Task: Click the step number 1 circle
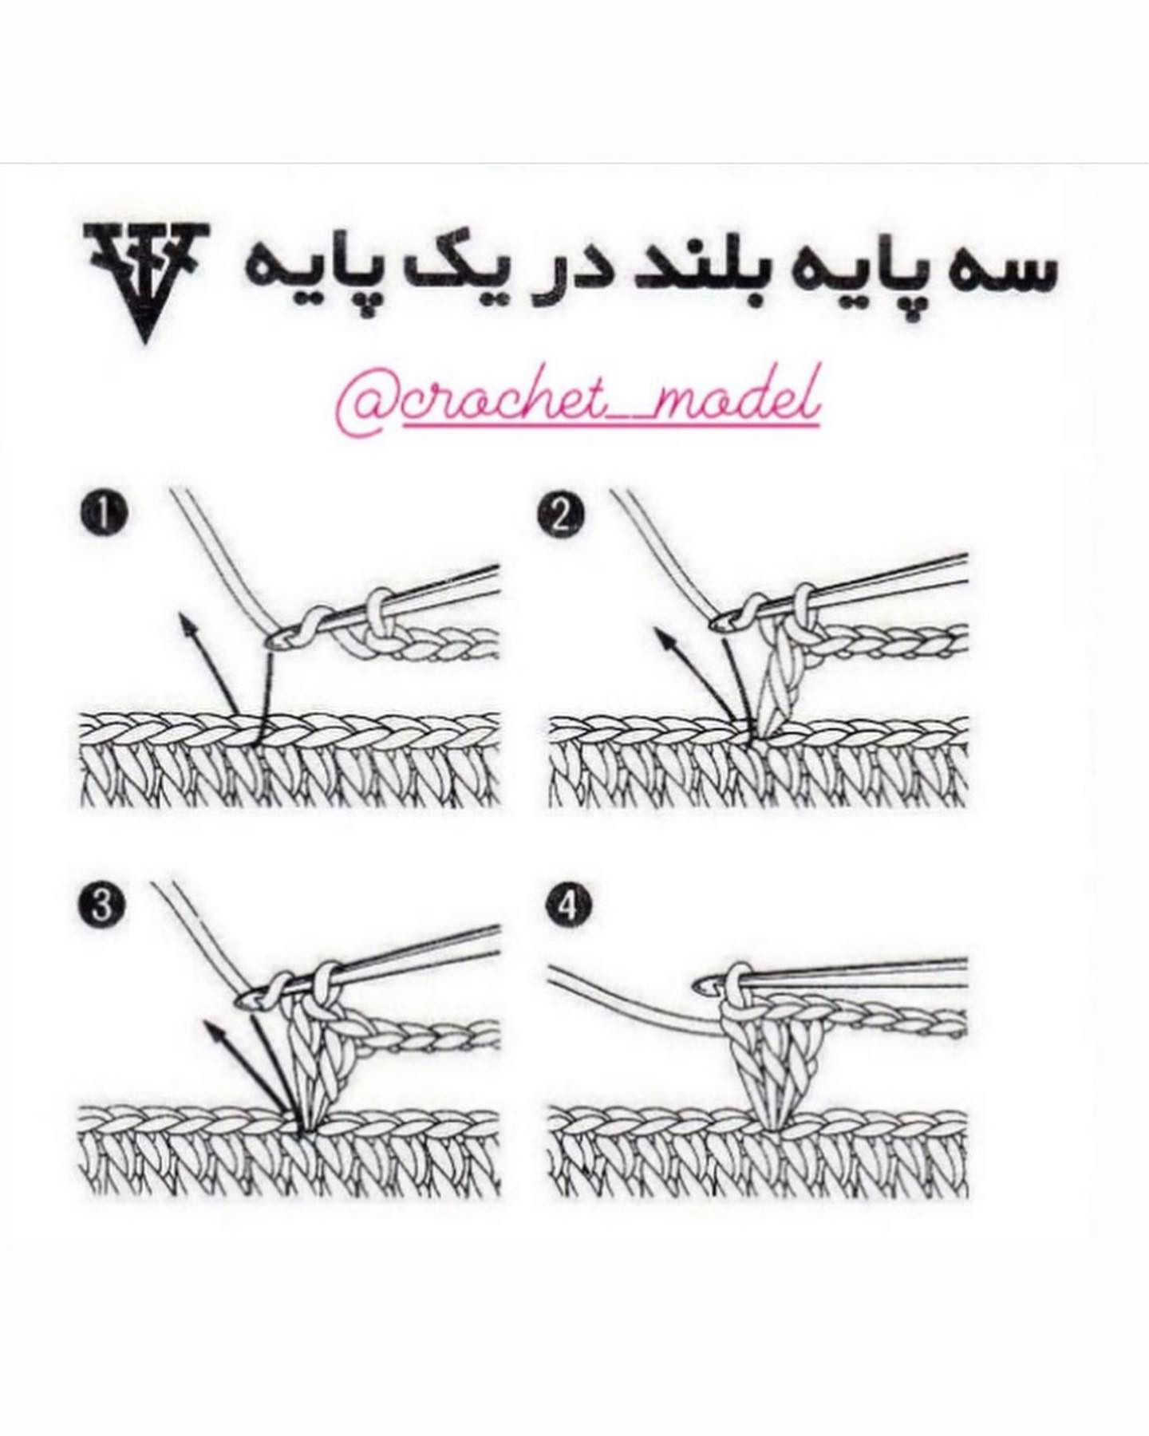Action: click(x=102, y=515)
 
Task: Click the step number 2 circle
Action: click(x=564, y=515)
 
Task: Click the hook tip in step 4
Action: click(x=705, y=988)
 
